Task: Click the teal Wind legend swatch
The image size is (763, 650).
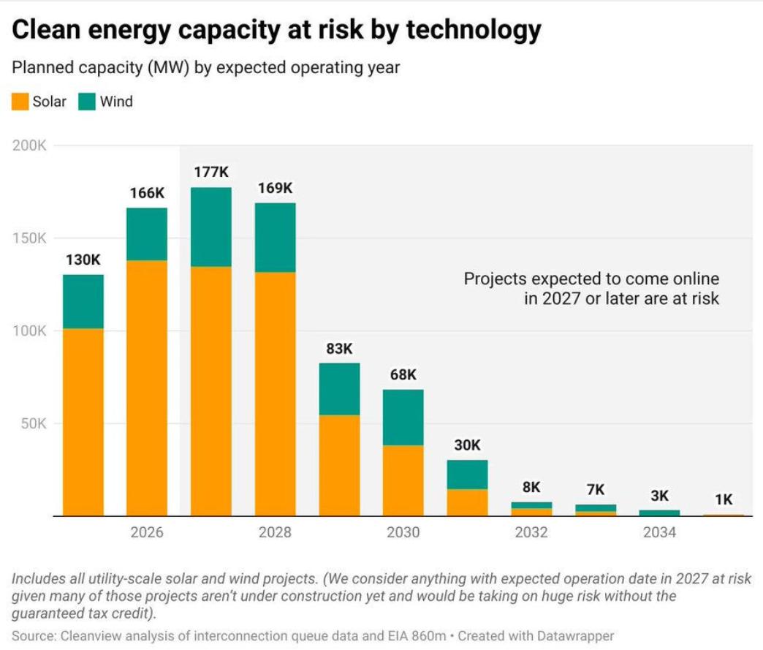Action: pyautogui.click(x=88, y=101)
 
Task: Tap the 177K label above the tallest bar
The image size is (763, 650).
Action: pyautogui.click(x=211, y=173)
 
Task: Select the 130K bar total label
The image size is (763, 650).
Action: pyautogui.click(x=83, y=260)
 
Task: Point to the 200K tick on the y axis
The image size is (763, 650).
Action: pyautogui.click(x=29, y=146)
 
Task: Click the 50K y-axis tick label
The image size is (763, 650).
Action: pyautogui.click(x=32, y=423)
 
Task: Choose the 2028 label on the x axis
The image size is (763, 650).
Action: pyautogui.click(x=275, y=532)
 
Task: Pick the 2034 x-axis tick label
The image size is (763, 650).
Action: pyautogui.click(x=659, y=532)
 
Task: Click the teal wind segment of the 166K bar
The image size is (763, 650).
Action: pyautogui.click(x=147, y=234)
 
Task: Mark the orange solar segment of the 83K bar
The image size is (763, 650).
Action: pyautogui.click(x=339, y=465)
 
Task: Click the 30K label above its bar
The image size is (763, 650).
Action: pyautogui.click(x=467, y=445)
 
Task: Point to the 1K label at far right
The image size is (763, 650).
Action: pyautogui.click(x=723, y=499)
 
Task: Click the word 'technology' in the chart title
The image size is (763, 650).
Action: pyautogui.click(x=474, y=30)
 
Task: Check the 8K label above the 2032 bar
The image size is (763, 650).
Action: pyautogui.click(x=531, y=487)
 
